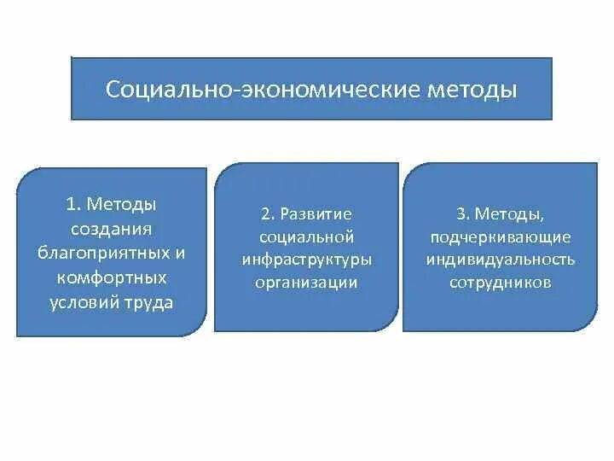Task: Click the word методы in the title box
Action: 474,89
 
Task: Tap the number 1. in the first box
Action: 73,205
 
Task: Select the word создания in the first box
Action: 111,230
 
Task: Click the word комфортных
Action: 111,278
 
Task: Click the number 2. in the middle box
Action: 267,213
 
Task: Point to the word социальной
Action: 305,236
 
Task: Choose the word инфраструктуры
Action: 305,259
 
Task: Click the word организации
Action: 305,282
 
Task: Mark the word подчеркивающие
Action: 501,236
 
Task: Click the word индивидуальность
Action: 501,259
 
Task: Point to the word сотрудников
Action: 501,282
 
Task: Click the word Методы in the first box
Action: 123,205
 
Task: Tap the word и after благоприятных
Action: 179,254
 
